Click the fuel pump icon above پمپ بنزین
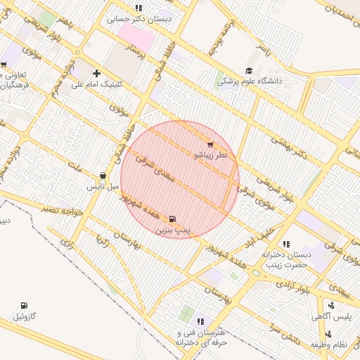(x=173, y=219)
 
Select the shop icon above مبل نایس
(x=103, y=176)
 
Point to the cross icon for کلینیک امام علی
(x=96, y=73)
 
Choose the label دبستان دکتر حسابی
(x=139, y=19)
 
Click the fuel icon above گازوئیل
(x=25, y=306)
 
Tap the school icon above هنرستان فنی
(x=200, y=321)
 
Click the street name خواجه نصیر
(x=62, y=209)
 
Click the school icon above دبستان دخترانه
(x=285, y=243)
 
